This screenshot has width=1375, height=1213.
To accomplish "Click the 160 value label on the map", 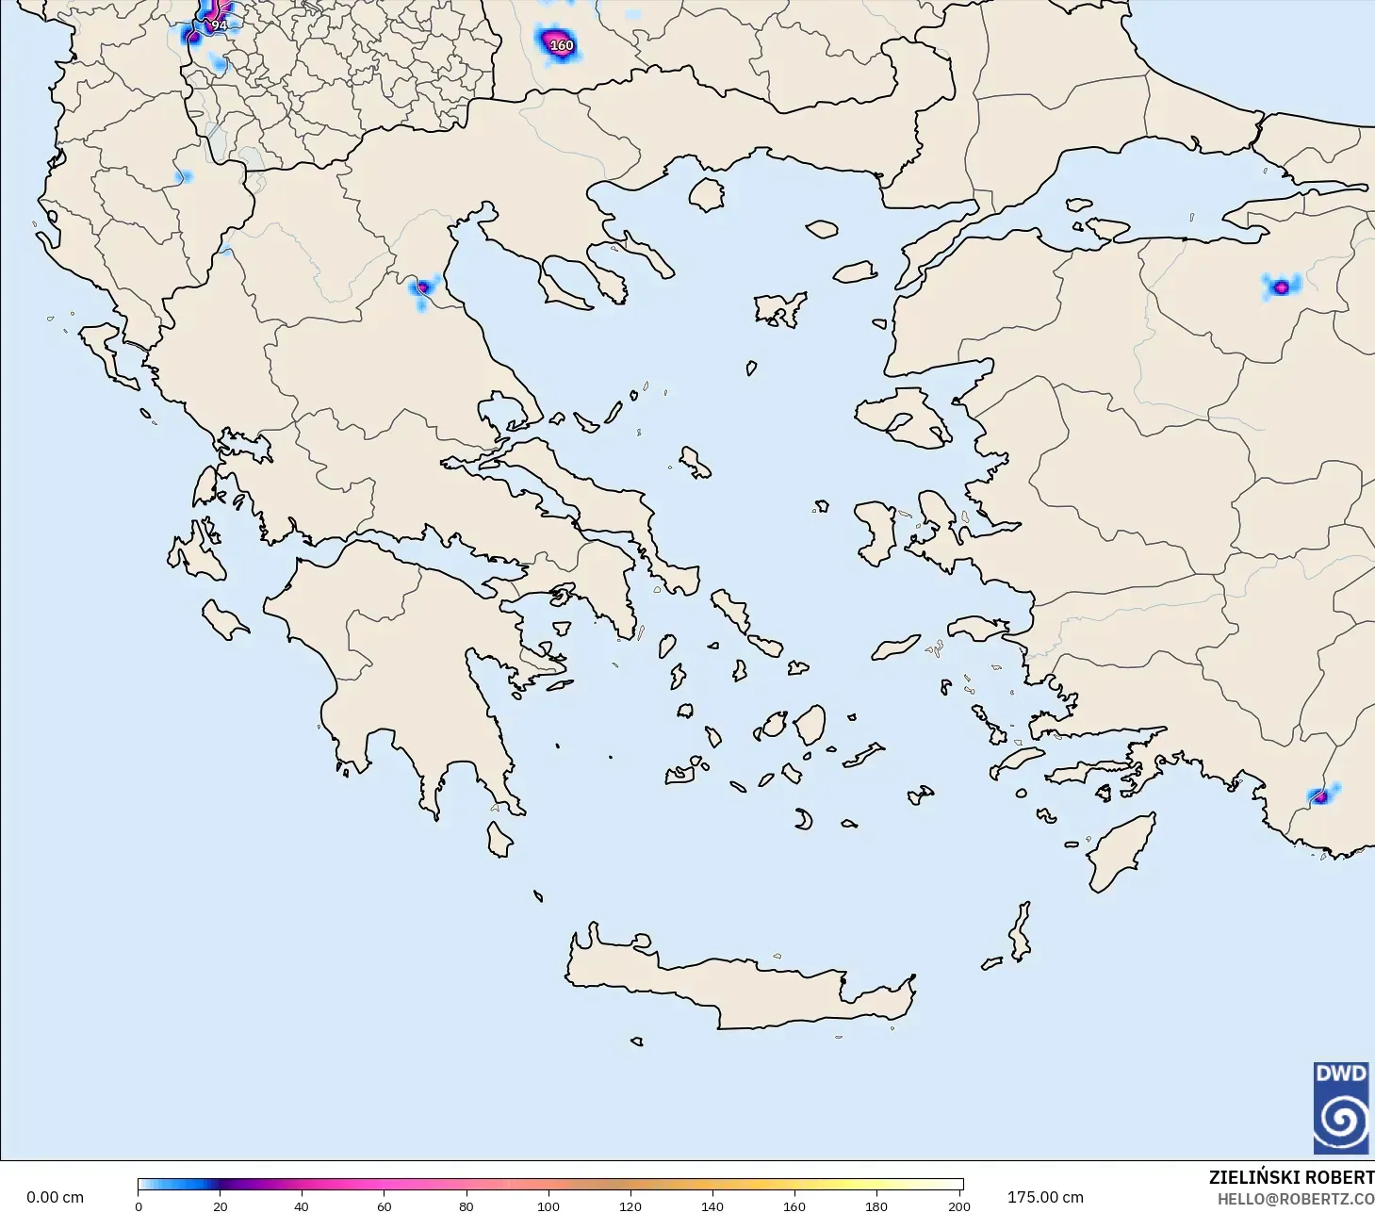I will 561,45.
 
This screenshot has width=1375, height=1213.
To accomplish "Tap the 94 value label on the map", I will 219,25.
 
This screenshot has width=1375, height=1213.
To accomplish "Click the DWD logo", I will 1341,1107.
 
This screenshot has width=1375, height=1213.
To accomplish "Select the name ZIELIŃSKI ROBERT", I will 1291,1177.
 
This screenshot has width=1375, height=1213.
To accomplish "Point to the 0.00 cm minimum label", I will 55,1197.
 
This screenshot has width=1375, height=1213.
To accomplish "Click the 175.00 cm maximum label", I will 1045,1197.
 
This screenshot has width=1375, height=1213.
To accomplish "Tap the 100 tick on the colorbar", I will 548,1205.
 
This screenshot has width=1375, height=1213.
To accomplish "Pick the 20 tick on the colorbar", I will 221,1205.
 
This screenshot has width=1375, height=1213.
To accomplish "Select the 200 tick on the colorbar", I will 958,1205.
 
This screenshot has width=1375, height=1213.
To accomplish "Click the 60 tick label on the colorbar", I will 385,1205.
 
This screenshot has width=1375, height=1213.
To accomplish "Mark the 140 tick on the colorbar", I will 712,1205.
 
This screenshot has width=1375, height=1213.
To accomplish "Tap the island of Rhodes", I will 1121,853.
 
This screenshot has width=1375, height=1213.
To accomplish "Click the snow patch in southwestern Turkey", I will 1320,796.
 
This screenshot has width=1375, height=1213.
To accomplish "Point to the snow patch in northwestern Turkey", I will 1280,287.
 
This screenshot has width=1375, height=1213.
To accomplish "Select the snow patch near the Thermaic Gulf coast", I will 423,287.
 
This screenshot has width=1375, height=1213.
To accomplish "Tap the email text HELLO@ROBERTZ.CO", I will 1295,1199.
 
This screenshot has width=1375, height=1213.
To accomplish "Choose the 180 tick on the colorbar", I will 876,1205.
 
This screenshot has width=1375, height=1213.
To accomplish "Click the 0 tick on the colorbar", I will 139,1205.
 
